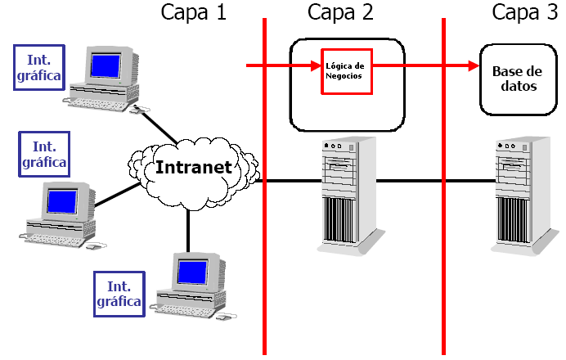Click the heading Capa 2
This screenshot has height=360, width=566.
(x=340, y=12)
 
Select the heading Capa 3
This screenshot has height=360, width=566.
(x=523, y=12)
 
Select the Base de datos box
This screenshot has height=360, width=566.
(x=514, y=79)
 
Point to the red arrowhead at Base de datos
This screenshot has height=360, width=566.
(x=473, y=65)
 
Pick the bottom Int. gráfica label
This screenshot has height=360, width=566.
(x=118, y=293)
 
